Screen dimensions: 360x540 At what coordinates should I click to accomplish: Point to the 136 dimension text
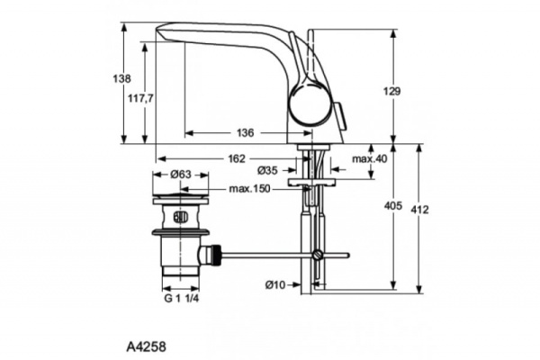[x=244, y=133]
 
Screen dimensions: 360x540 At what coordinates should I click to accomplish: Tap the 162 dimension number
[x=235, y=158]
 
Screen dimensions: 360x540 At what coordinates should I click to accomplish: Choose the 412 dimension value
[x=419, y=210]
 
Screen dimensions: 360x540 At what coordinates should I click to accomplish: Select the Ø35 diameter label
[x=267, y=170]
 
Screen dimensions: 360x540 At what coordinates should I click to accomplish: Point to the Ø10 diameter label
[x=275, y=284]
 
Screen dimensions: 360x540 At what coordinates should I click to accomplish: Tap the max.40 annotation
[x=369, y=158]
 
